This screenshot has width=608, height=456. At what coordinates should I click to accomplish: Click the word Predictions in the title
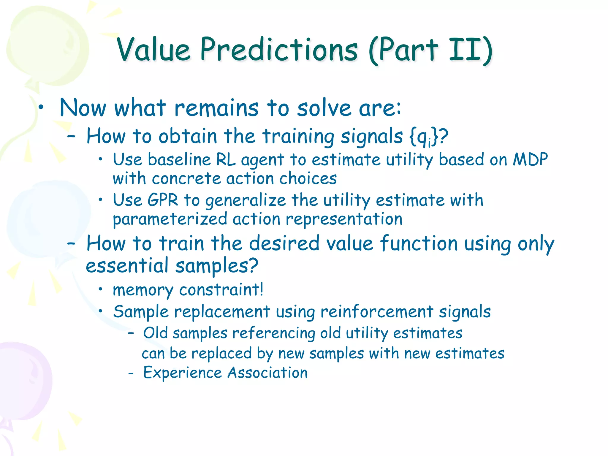[279, 50]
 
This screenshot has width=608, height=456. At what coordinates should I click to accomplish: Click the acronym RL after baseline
[226, 160]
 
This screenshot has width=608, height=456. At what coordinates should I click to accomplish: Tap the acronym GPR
[163, 200]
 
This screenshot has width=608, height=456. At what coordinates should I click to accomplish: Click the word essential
[127, 265]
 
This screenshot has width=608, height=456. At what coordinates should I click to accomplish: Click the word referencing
[273, 333]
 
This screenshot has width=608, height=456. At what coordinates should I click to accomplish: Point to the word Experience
[182, 373]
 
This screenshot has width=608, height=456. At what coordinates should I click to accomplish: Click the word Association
[267, 373]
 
